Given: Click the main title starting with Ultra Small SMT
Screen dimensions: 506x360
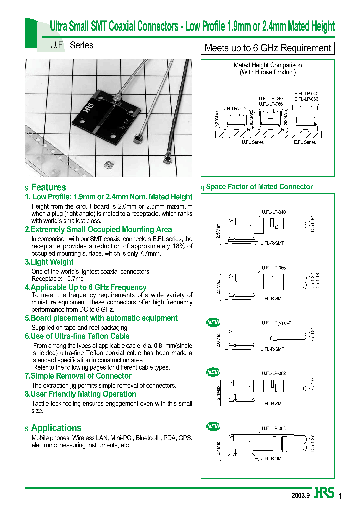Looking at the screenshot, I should pos(192,26).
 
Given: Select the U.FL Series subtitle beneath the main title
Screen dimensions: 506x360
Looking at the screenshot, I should pos(72,45).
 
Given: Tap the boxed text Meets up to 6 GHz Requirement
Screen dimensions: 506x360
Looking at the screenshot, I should pos(267,48).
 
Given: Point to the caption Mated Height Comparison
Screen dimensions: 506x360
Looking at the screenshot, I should pos(268,65).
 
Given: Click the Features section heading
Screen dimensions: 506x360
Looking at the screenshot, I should pos(48,187).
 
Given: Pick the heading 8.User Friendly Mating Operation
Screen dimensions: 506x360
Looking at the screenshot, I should pos(80,394).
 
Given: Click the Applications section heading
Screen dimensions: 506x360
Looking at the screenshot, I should pos(56,428).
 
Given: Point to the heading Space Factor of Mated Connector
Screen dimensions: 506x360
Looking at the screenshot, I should pos(259,187).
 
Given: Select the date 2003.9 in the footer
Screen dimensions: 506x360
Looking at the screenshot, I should pos(301,495).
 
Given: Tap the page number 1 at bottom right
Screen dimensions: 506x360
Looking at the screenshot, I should pos(340,495).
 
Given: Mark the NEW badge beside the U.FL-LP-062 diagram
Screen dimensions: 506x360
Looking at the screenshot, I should pos(213,372).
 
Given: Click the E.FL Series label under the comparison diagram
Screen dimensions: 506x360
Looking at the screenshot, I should pos(305,142).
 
